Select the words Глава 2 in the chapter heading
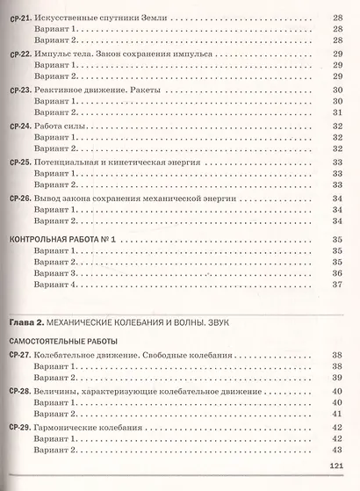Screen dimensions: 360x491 click(25, 320)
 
